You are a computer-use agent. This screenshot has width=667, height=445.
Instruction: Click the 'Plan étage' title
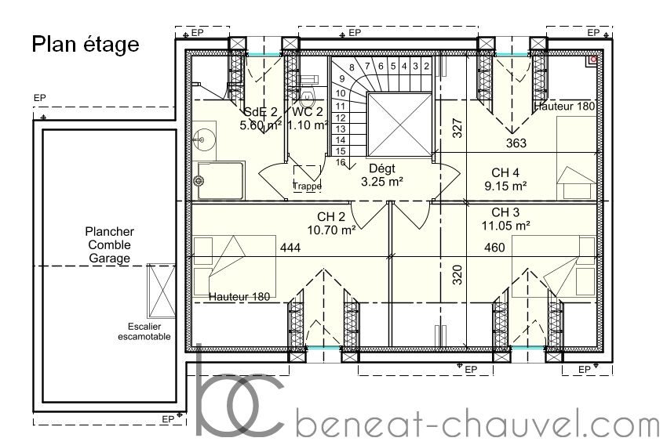point(86,45)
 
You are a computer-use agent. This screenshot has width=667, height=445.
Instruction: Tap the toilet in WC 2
point(307,99)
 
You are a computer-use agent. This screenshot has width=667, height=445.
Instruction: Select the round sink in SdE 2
point(200,139)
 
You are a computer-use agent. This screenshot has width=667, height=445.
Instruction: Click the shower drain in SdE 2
point(199,181)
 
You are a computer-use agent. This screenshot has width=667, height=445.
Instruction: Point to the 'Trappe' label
point(307,186)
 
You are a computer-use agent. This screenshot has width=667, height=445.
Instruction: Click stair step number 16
point(341,162)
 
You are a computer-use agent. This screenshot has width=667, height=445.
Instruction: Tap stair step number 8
point(352,67)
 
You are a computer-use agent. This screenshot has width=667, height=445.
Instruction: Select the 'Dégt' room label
point(382,168)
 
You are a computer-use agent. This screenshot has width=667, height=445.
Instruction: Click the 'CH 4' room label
point(505,173)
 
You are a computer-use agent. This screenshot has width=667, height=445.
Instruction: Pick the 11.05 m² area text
point(506,226)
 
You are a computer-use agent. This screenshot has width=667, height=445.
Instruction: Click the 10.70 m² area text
point(332,230)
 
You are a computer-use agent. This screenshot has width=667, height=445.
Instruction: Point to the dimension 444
point(290,248)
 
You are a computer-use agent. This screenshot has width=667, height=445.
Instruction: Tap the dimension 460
point(494,248)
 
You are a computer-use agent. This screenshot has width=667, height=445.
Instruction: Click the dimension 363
point(516,143)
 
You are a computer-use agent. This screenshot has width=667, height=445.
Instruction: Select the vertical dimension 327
point(457,128)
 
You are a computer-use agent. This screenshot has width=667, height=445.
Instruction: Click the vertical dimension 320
point(457,275)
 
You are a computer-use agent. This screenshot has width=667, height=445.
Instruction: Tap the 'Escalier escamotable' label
point(144,331)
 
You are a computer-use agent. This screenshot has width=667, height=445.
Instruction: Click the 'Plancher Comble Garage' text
point(109,245)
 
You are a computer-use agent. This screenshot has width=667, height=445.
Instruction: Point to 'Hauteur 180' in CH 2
point(239,297)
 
